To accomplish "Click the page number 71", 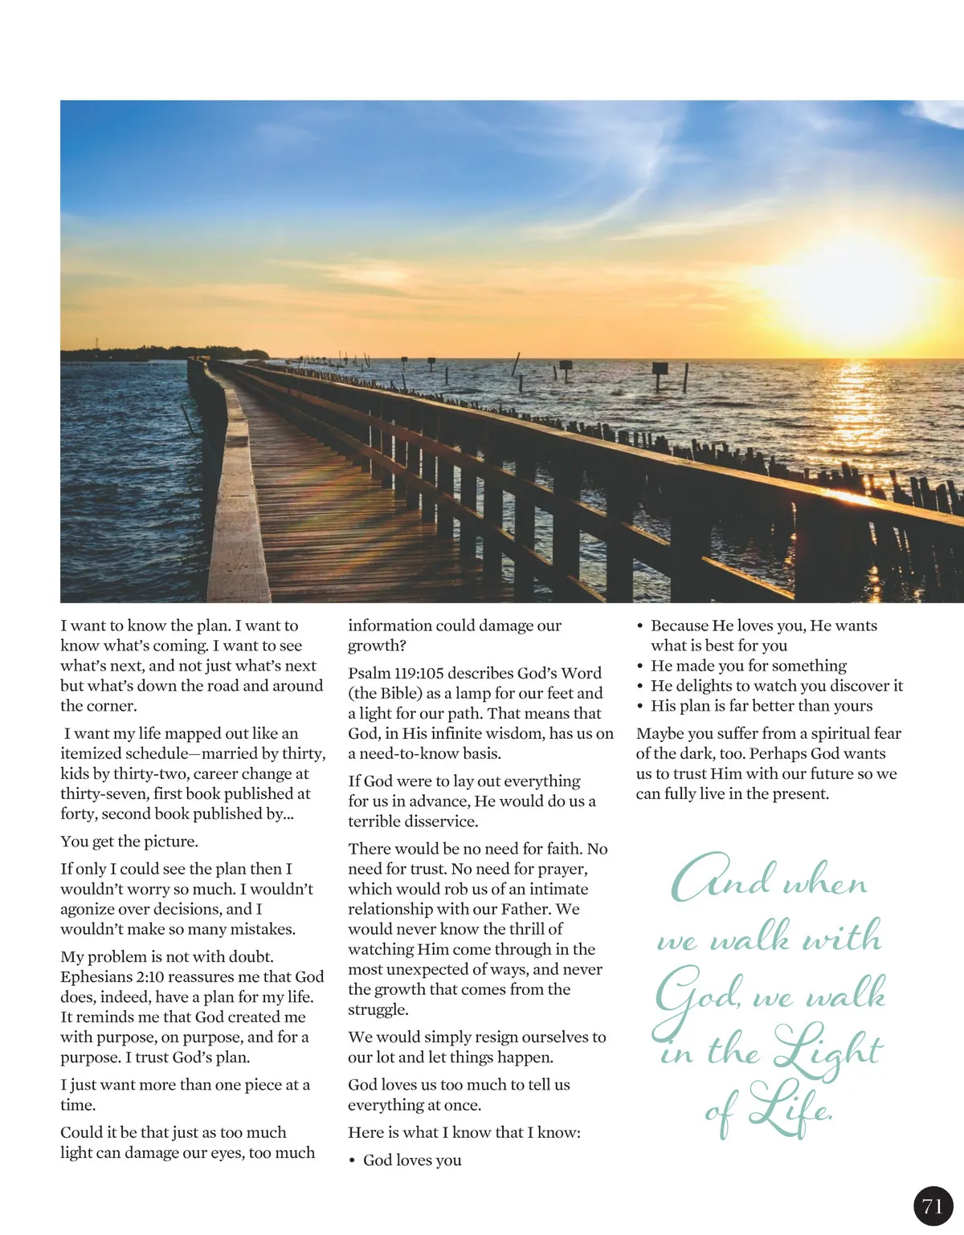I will click(933, 1206).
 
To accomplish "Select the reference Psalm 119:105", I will click(395, 673).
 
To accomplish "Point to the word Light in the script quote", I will click(827, 1048).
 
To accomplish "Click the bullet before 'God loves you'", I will click(353, 1160).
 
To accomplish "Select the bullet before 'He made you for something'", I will click(640, 666).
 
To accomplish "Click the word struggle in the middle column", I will click(377, 1009).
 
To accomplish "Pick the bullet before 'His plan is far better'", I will click(640, 706).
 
